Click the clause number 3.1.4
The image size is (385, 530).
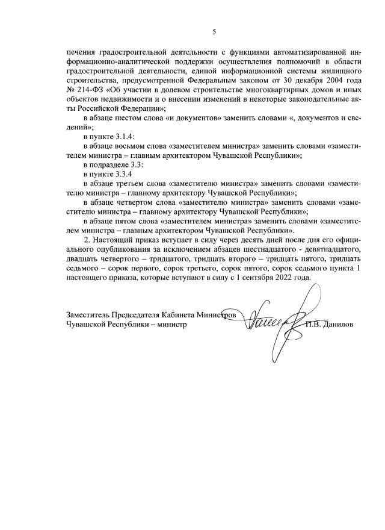coord(125,136)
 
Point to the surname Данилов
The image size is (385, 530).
coord(340,324)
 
